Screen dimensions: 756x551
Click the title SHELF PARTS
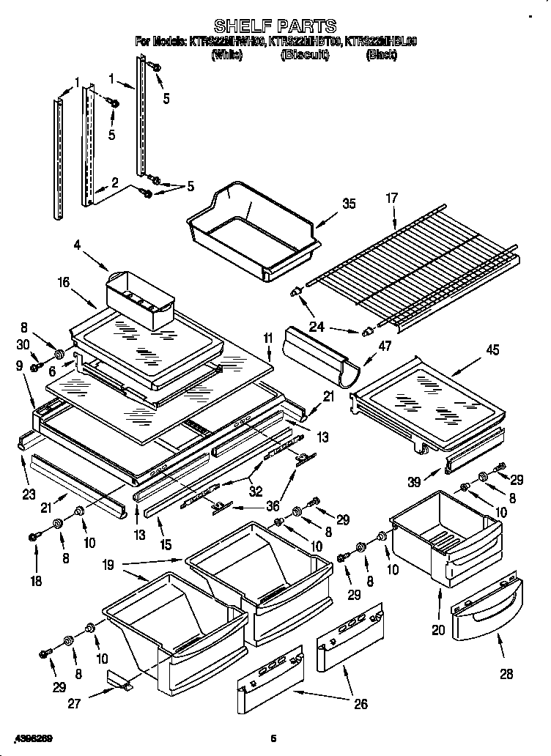coord(275,28)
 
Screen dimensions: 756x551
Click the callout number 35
coord(349,204)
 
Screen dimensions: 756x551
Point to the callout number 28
coord(506,674)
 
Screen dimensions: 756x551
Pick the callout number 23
coord(29,494)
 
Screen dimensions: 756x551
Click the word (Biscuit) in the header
coord(303,55)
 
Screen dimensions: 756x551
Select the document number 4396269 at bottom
coord(32,737)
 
